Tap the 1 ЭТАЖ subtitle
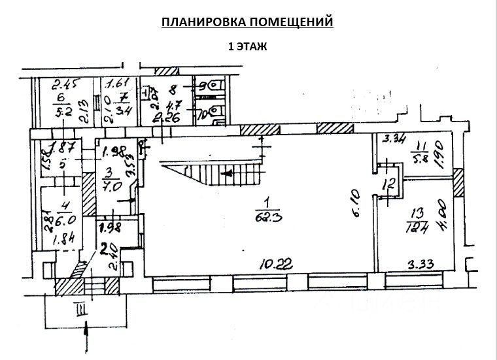(x=248, y=46)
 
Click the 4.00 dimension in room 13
(x=445, y=216)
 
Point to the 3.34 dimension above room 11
(x=394, y=139)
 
